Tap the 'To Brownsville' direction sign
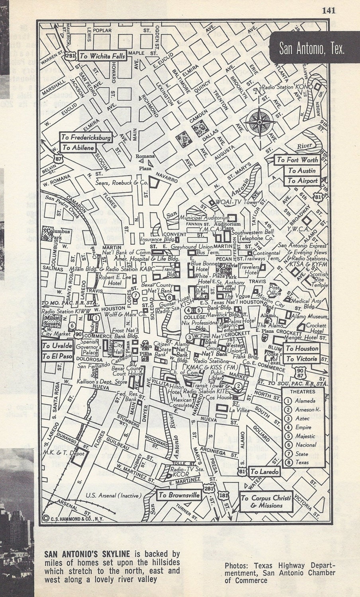(179, 495)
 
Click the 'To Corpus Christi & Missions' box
(266, 501)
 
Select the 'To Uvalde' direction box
(57, 345)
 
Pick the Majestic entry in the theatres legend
(305, 436)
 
